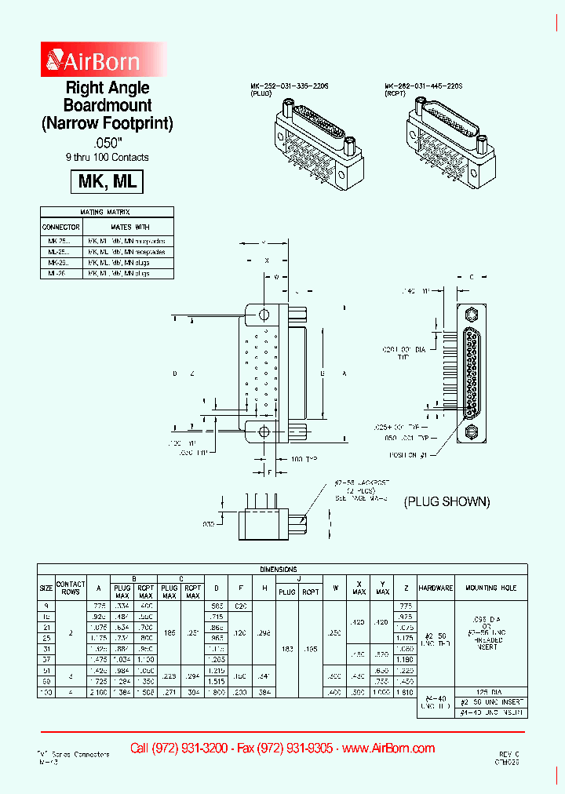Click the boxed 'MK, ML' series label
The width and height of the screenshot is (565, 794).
[x=108, y=181]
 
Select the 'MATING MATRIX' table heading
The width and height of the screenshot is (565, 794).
[x=105, y=212]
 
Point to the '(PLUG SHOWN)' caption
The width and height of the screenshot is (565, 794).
[x=447, y=501]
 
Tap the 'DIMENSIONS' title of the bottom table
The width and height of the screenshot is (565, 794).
[x=282, y=569]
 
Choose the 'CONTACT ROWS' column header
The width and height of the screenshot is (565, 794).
[x=71, y=588]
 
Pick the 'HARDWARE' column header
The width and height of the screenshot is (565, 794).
[x=436, y=588]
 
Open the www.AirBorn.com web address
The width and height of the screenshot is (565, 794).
[x=388, y=748]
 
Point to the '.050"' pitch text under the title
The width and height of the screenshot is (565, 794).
[x=108, y=143]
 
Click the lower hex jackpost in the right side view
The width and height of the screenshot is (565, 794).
[x=472, y=432]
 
